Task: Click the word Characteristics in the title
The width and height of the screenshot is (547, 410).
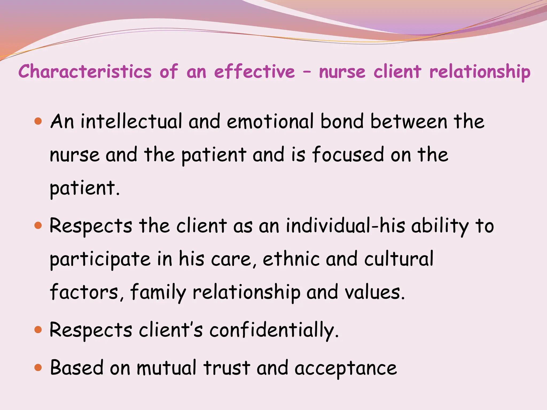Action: (x=85, y=72)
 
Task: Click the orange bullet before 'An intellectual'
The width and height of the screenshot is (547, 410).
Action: (x=38, y=121)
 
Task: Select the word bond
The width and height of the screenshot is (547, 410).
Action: (x=342, y=121)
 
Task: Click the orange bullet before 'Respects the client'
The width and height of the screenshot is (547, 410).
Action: (x=38, y=226)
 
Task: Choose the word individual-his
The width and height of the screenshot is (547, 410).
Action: (x=345, y=226)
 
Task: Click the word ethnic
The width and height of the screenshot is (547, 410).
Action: (x=291, y=259)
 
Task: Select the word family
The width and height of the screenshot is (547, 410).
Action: (x=158, y=292)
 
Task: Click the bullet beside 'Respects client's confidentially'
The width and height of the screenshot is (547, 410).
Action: (x=38, y=330)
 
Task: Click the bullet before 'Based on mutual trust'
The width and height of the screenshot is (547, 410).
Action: (x=38, y=368)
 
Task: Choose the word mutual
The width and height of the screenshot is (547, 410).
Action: (x=167, y=368)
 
